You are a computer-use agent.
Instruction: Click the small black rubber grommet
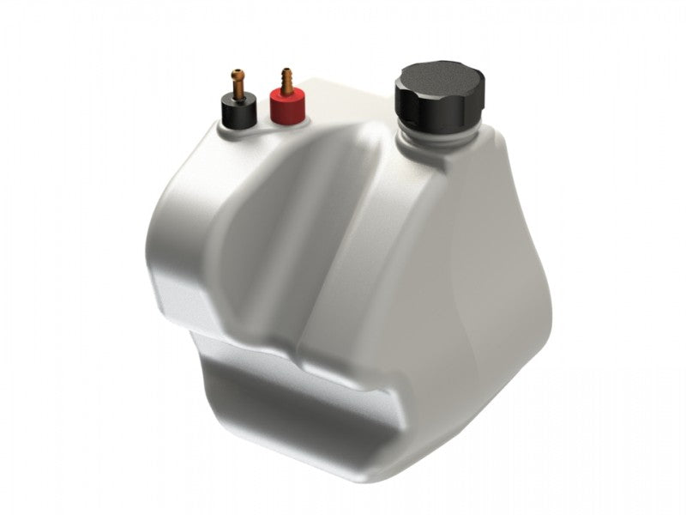tap(237, 112)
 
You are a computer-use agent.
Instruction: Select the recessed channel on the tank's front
tap(266, 232)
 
